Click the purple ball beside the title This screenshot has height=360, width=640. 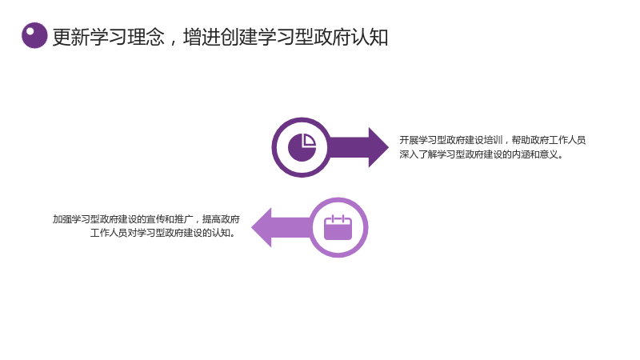pos(34,35)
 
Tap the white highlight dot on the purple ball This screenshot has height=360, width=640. pos(30,31)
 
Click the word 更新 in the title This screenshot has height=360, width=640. pos(71,37)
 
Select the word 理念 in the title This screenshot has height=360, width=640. pos(146,37)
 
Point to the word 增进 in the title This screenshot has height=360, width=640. pos(202,37)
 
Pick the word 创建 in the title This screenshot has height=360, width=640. pos(238,37)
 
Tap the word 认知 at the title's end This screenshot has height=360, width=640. pos(370,37)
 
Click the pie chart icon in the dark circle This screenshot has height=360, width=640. pos(302,147)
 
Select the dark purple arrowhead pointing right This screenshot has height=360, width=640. pos(378,147)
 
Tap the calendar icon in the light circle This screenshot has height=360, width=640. pos(338,227)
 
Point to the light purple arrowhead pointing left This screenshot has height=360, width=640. pos(262,227)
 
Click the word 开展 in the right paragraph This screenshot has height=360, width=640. pos(409,140)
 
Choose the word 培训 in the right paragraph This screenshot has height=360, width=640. pos(493,140)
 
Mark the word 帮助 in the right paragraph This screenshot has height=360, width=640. pos(521,140)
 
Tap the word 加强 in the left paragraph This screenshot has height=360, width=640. pos(62,219)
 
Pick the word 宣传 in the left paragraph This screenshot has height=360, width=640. pos(155,219)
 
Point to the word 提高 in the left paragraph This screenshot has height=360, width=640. pos(211,219)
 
